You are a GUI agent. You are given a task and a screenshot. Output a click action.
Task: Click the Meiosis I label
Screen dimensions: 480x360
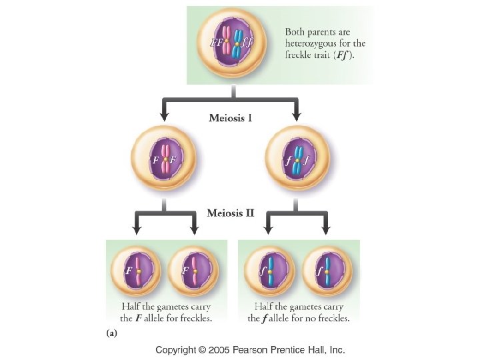(x=229, y=118)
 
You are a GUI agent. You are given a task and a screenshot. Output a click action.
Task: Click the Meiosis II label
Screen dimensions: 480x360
(x=230, y=213)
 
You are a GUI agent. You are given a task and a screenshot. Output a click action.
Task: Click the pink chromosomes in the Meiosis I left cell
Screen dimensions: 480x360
(x=163, y=160)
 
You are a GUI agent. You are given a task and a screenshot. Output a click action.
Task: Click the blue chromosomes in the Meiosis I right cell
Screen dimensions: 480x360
(x=297, y=161)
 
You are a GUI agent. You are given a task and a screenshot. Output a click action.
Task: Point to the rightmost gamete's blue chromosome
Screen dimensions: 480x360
(x=327, y=272)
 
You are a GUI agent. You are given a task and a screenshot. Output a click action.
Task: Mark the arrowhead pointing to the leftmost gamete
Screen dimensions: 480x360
(x=136, y=231)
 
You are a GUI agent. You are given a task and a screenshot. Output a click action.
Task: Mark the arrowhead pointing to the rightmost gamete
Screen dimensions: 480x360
(x=326, y=231)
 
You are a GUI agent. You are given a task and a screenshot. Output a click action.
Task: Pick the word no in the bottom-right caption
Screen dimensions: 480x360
(x=309, y=318)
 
